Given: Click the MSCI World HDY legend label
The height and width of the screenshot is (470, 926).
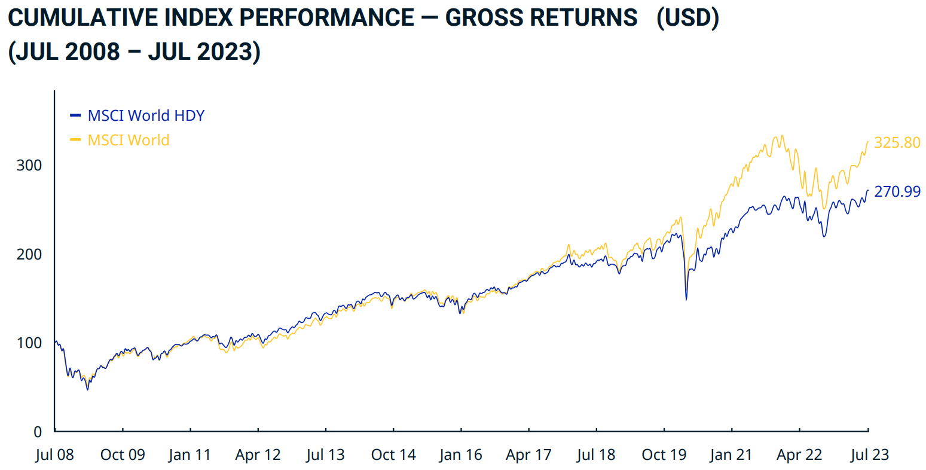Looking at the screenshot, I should tap(146, 115).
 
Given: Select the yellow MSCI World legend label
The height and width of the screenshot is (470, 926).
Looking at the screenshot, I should tap(129, 140).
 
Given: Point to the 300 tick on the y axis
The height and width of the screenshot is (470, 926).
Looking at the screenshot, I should tap(29, 166).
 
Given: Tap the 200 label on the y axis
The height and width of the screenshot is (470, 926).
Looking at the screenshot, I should tap(29, 254).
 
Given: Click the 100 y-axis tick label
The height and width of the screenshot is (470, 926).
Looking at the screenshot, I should tap(29, 343).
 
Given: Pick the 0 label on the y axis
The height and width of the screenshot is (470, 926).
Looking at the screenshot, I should tap(38, 432).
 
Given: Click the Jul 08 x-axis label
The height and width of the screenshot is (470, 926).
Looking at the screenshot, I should tap(54, 455).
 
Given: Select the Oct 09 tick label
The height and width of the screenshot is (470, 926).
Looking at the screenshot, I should tap(123, 455).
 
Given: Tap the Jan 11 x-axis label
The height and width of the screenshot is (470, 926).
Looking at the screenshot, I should tap(190, 455).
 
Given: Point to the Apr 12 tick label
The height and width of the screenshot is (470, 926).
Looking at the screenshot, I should tap(258, 455).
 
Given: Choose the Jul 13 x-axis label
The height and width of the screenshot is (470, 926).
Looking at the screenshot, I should tap(325, 455).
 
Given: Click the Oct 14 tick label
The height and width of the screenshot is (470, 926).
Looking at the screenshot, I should tap(393, 455).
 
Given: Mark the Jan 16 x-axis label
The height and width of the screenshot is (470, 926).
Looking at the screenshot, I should tap(460, 455).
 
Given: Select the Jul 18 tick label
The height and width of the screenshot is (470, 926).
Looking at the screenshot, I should tap(596, 455).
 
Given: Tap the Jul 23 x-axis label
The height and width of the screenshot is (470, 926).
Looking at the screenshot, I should tap(870, 455).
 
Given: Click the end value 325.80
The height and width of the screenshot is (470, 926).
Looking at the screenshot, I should tap(897, 143).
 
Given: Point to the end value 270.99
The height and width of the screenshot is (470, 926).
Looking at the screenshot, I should tap(897, 192).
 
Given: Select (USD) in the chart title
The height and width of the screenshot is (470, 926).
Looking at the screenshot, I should tap(687, 18).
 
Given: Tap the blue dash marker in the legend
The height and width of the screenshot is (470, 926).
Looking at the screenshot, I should tap(75, 115).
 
